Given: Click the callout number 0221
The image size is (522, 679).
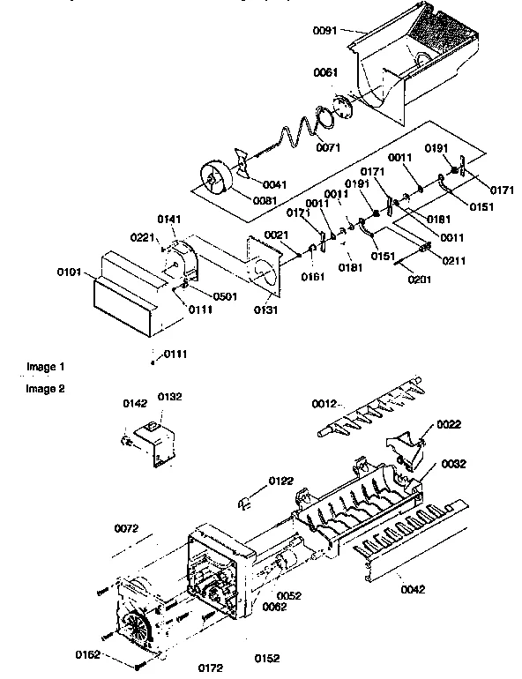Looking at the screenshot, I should point(144,237).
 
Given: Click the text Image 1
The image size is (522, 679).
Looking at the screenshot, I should point(45,366).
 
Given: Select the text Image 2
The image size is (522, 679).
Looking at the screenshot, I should point(45,388).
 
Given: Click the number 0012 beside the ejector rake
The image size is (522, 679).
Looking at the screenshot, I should point(324,403).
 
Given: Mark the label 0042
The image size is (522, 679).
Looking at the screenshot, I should point(413,587).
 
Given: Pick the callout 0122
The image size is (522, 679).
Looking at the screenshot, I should point(282,481).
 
